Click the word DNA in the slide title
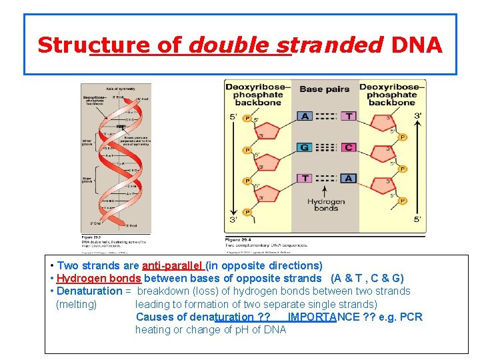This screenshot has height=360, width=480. coord(417,45)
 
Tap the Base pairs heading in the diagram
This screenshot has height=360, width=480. coord(325,89)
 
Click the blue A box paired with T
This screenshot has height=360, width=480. coord(305,116)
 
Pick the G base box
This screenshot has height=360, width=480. coord(305,147)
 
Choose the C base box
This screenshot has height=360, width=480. coord(348,147)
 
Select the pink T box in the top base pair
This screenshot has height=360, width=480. coord(348,116)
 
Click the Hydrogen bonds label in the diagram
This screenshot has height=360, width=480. coord(326,205)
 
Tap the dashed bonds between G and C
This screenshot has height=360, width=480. coord(326,147)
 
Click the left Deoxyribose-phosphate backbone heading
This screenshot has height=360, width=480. coord(258,95)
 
